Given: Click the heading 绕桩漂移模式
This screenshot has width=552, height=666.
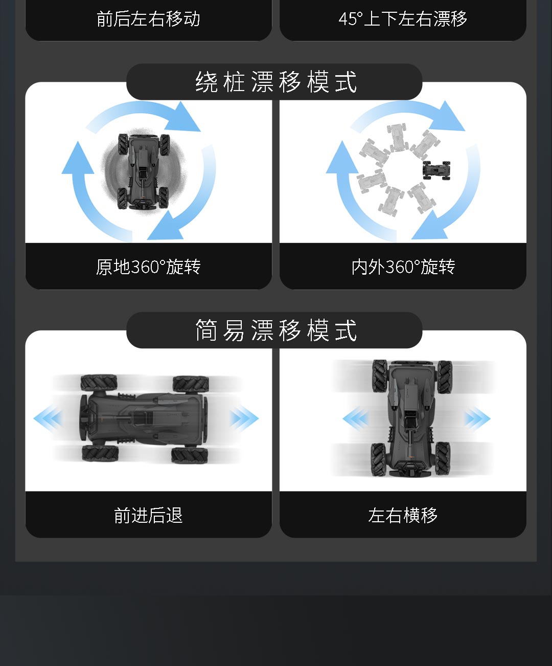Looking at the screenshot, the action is point(276,82).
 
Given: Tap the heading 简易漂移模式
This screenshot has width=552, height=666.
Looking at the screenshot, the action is point(276,330).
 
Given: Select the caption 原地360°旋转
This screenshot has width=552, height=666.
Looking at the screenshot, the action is point(149,267).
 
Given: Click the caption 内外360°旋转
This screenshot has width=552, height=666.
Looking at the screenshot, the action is point(403,267).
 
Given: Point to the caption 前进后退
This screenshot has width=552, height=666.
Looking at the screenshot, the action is point(149,515).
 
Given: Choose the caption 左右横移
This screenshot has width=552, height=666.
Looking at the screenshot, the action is point(403,515).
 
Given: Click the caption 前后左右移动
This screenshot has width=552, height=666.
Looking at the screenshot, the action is point(149,19).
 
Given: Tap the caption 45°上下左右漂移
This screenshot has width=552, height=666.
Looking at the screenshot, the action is point(403,19).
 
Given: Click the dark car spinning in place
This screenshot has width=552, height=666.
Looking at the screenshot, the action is point(144,171).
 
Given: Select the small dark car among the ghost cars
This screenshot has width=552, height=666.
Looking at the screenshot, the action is point(436,170).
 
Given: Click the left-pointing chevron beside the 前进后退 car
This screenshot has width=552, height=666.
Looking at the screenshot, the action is point(48,418).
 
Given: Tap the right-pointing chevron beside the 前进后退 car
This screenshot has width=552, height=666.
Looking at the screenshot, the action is point(244,418).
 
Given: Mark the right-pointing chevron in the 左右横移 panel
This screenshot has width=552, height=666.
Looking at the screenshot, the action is point(477,418).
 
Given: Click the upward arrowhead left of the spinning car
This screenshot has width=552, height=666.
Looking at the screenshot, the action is point(78,158).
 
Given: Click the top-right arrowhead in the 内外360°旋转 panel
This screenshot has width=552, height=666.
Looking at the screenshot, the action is point(447,117).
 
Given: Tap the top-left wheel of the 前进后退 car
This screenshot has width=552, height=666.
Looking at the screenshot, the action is point(99,383).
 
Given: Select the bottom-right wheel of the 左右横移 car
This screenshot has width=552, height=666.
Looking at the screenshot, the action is point(443,458).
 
